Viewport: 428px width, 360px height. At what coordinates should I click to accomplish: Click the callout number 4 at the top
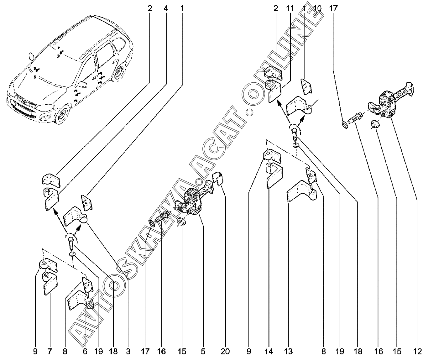[166, 8]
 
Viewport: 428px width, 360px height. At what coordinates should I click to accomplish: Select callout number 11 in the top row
[290, 8]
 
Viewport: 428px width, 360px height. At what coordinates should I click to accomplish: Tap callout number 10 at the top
[317, 8]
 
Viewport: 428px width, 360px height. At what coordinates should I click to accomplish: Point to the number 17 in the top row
[333, 8]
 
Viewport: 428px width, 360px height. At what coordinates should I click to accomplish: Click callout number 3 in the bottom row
[128, 352]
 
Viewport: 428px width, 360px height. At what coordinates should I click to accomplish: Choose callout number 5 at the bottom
[203, 352]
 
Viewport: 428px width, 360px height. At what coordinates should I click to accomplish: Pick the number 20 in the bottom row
[225, 352]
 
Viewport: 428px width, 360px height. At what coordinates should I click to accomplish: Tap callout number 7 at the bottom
[49, 352]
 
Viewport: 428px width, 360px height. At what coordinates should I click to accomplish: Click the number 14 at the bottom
[269, 352]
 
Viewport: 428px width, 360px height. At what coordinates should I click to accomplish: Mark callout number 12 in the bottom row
[417, 352]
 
